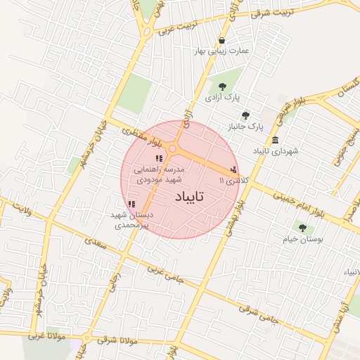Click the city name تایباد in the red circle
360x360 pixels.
coord(186,198)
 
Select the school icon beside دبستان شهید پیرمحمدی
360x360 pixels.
coord(131,204)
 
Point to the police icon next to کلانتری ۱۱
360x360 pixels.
coord(233,169)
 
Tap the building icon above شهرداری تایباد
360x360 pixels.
coord(274,139)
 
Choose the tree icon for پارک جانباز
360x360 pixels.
coord(245,115)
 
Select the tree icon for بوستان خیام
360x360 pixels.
coord(302,227)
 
